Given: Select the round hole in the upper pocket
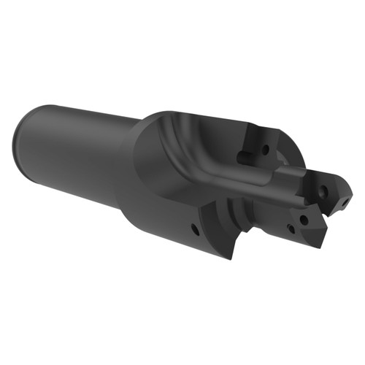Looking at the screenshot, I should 265,150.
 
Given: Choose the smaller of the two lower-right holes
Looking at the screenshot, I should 291,228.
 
